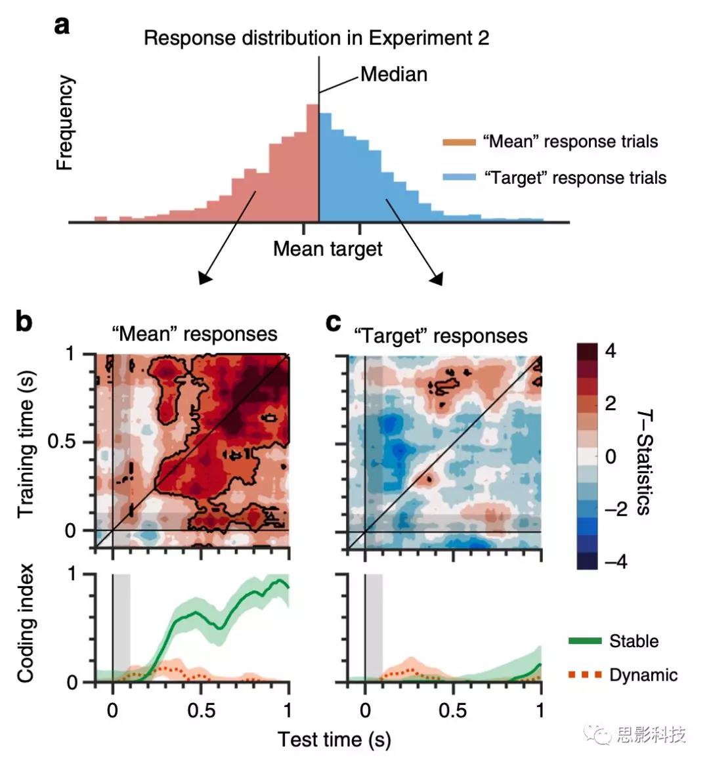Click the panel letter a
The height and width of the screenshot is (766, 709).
pyautogui.click(x=62, y=26)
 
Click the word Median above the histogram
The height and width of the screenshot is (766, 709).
pyautogui.click(x=394, y=74)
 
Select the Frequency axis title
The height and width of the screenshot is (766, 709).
pyautogui.click(x=64, y=123)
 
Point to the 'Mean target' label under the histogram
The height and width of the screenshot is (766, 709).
pyautogui.click(x=328, y=249)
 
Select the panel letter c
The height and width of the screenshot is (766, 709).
pyautogui.click(x=334, y=322)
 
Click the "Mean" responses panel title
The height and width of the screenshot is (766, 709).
pyautogui.click(x=194, y=333)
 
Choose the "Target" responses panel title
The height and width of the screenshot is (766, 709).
pyautogui.click(x=440, y=336)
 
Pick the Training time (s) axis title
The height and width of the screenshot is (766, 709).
pyautogui.click(x=26, y=444)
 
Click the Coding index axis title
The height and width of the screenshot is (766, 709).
pyautogui.click(x=25, y=624)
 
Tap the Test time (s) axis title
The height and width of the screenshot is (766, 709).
pyautogui.click(x=334, y=740)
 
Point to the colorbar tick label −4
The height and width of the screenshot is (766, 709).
pyautogui.click(x=611, y=562)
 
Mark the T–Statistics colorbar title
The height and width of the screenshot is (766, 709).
pyautogui.click(x=643, y=462)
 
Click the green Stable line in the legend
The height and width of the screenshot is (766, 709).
pyautogui.click(x=585, y=641)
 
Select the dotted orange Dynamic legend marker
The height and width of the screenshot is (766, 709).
pyautogui.click(x=585, y=675)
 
